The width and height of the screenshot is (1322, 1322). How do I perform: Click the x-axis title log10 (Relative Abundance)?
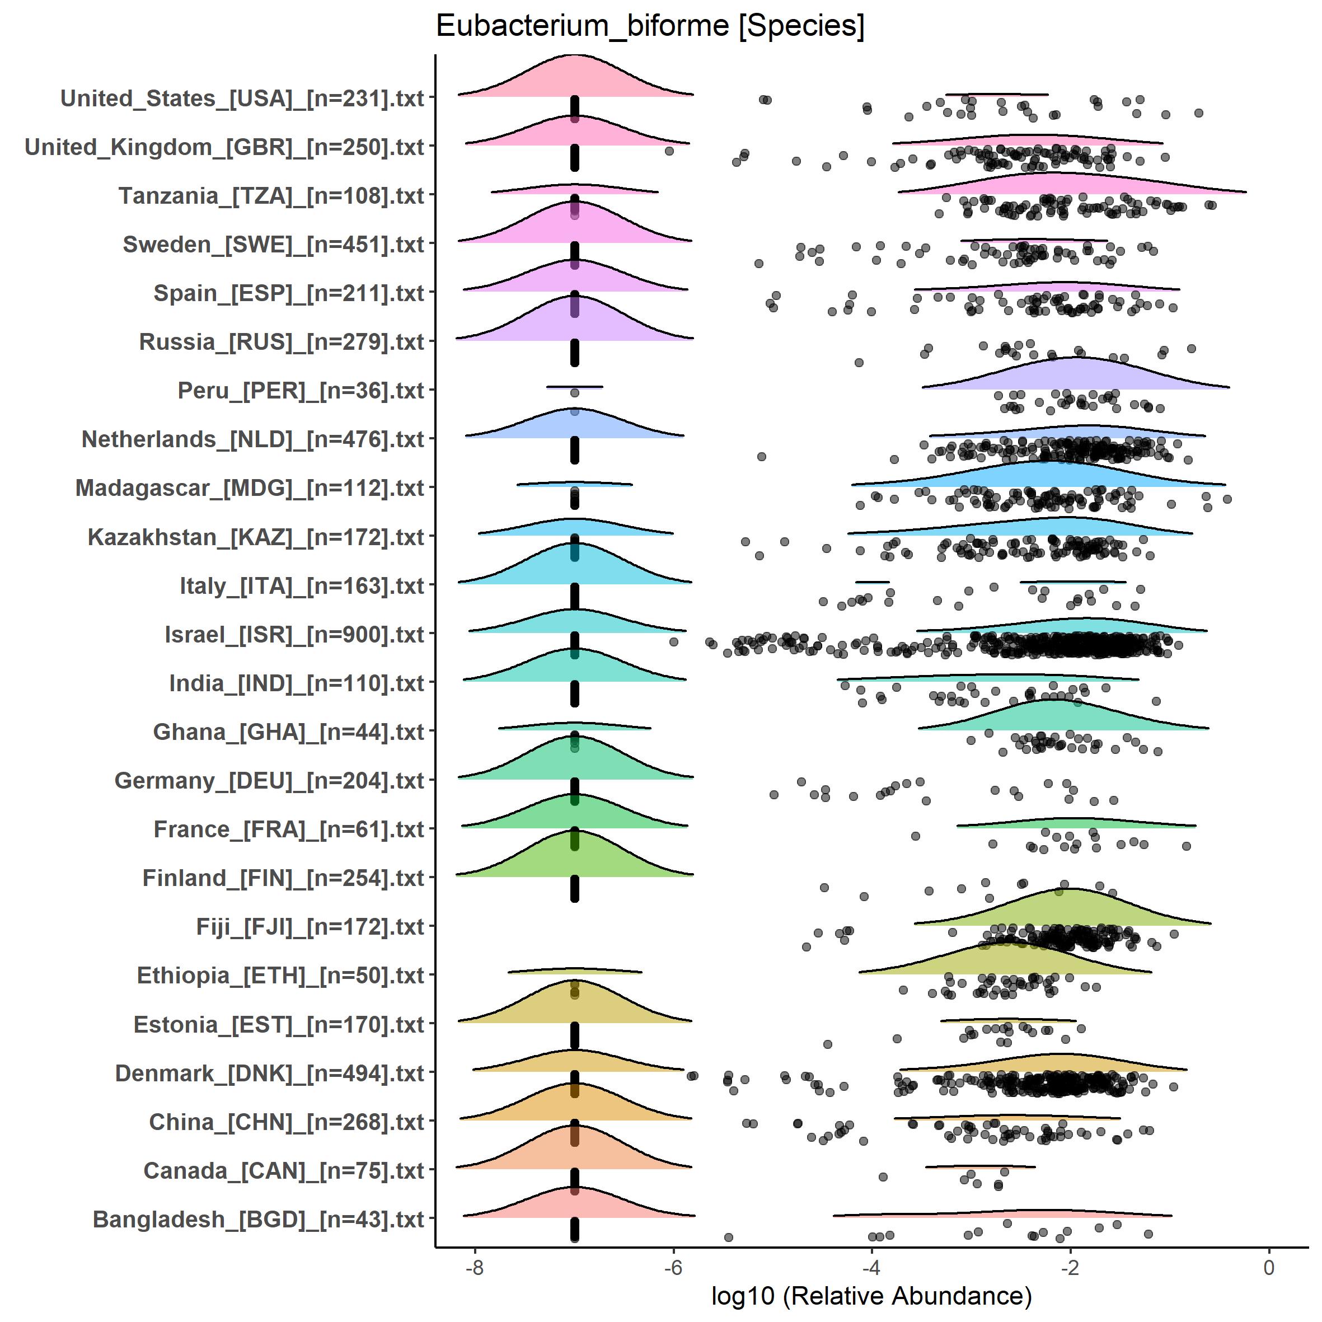[871, 1295]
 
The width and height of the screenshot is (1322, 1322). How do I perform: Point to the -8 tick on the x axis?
[474, 1267]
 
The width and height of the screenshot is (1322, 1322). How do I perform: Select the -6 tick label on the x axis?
[673, 1267]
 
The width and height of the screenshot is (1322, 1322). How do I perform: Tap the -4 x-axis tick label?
[871, 1267]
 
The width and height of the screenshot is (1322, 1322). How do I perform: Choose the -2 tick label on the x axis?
[1070, 1267]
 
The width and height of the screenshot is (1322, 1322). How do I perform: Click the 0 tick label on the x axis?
[1269, 1267]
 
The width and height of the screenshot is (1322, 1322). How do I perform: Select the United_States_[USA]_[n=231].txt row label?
[242, 99]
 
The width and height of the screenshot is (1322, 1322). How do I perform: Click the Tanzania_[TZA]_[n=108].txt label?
[271, 196]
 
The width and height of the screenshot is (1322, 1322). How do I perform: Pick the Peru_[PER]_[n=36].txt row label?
[301, 391]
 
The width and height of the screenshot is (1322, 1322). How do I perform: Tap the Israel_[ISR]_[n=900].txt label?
[294, 635]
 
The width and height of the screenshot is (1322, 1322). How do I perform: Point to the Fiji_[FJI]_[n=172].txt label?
[310, 927]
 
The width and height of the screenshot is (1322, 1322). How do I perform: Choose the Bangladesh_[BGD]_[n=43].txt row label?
[259, 1220]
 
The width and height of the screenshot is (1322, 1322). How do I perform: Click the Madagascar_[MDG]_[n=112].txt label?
[250, 489]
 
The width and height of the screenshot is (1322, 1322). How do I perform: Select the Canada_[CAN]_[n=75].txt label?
[284, 1171]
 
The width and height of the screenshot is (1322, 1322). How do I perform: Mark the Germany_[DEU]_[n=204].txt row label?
[270, 781]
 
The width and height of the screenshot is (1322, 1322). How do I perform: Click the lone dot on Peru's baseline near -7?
[575, 393]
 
